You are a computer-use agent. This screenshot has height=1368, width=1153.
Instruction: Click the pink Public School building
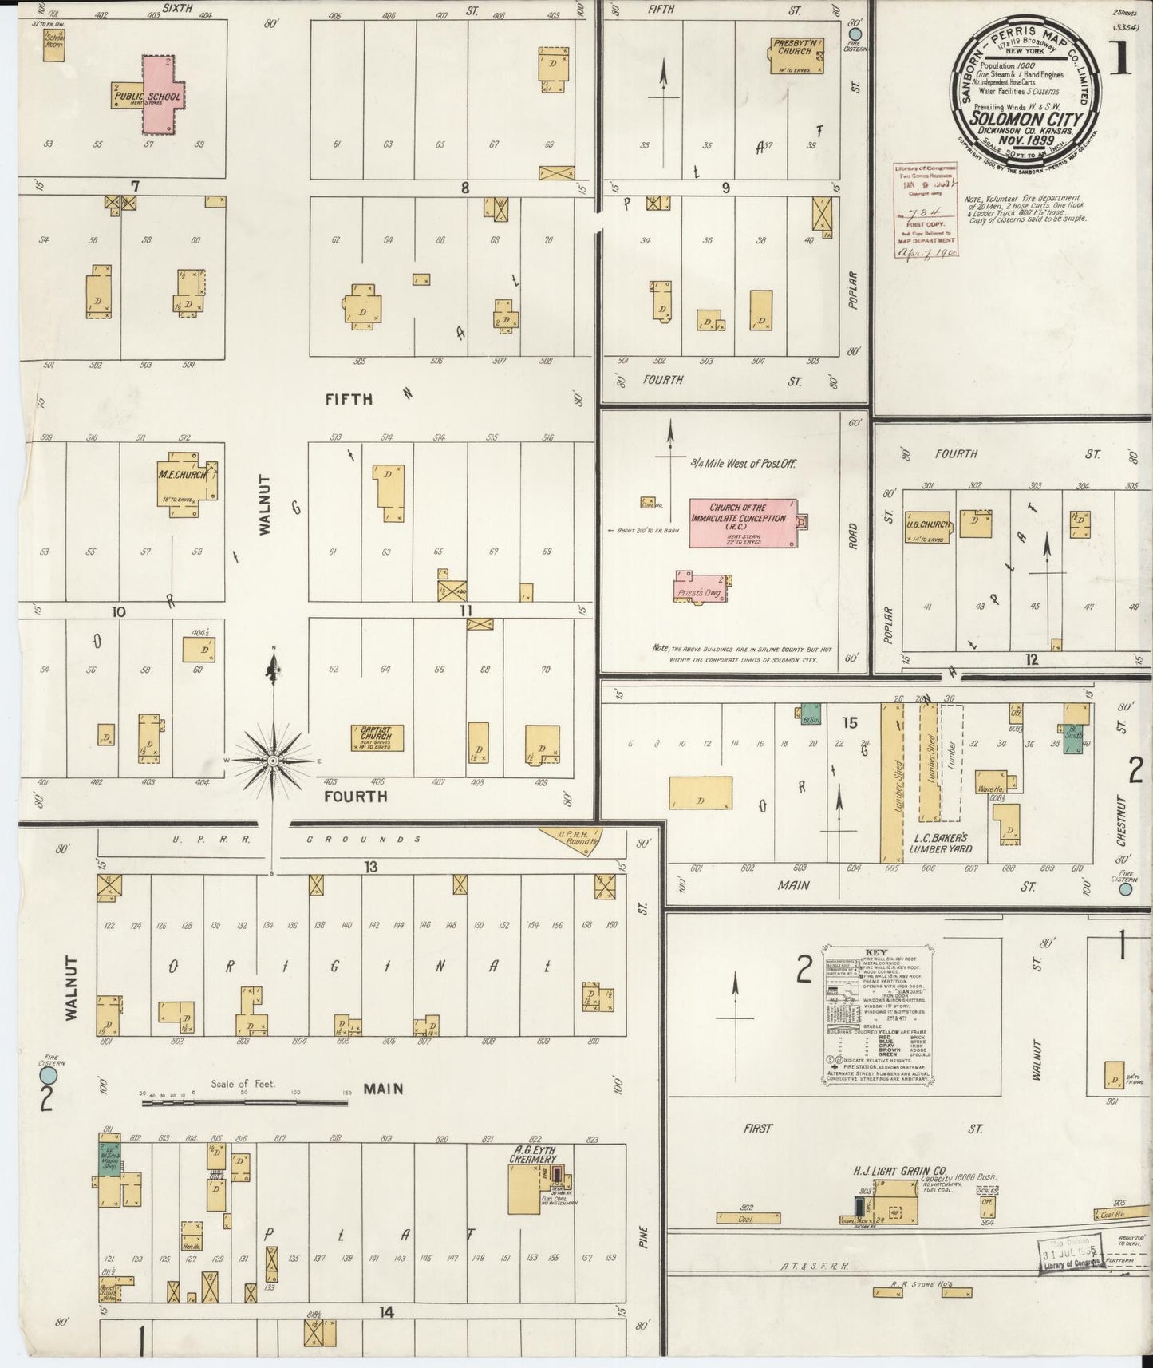pyautogui.click(x=163, y=94)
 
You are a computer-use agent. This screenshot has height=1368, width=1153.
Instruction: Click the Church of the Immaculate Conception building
pyautogui.click(x=742, y=524)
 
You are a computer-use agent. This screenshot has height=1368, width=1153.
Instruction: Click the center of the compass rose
pyautogui.click(x=274, y=761)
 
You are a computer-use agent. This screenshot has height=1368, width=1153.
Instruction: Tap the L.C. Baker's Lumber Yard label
pyautogui.click(x=940, y=844)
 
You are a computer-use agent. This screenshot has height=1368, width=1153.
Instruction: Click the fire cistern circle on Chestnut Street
pyautogui.click(x=1125, y=888)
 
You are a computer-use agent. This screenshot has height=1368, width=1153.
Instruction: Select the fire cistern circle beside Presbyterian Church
pyautogui.click(x=855, y=34)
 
